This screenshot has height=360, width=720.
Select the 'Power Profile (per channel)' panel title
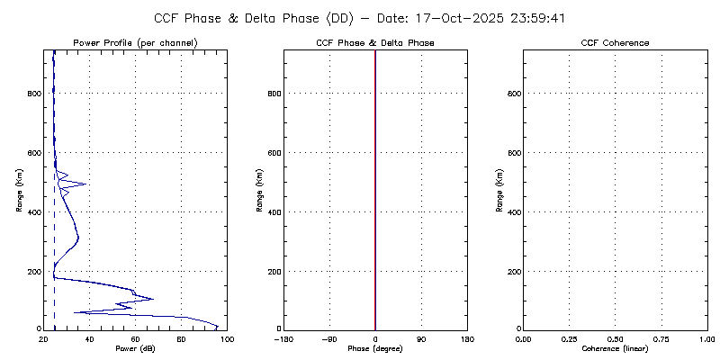[x=135, y=43]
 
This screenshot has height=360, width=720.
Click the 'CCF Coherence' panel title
[x=615, y=43]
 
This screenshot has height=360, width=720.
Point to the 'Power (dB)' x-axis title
[x=135, y=347]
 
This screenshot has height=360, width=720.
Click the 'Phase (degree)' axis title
[x=375, y=347]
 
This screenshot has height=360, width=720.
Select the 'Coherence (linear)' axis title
[x=615, y=347]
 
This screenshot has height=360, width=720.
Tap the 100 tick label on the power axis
[x=227, y=338]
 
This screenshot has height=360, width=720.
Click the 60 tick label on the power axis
[x=135, y=338]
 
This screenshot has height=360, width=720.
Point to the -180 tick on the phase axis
[x=283, y=338]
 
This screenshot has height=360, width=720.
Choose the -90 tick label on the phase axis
[x=329, y=338]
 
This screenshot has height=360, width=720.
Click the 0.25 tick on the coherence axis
[x=569, y=338]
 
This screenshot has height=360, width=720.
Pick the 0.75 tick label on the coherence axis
[x=661, y=338]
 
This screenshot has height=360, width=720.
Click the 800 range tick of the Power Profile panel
[x=32, y=94]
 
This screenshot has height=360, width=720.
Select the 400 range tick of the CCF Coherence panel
[x=511, y=212]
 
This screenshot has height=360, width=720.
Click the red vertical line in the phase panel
[x=375, y=189]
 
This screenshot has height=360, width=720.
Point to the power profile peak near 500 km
[x=85, y=184]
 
